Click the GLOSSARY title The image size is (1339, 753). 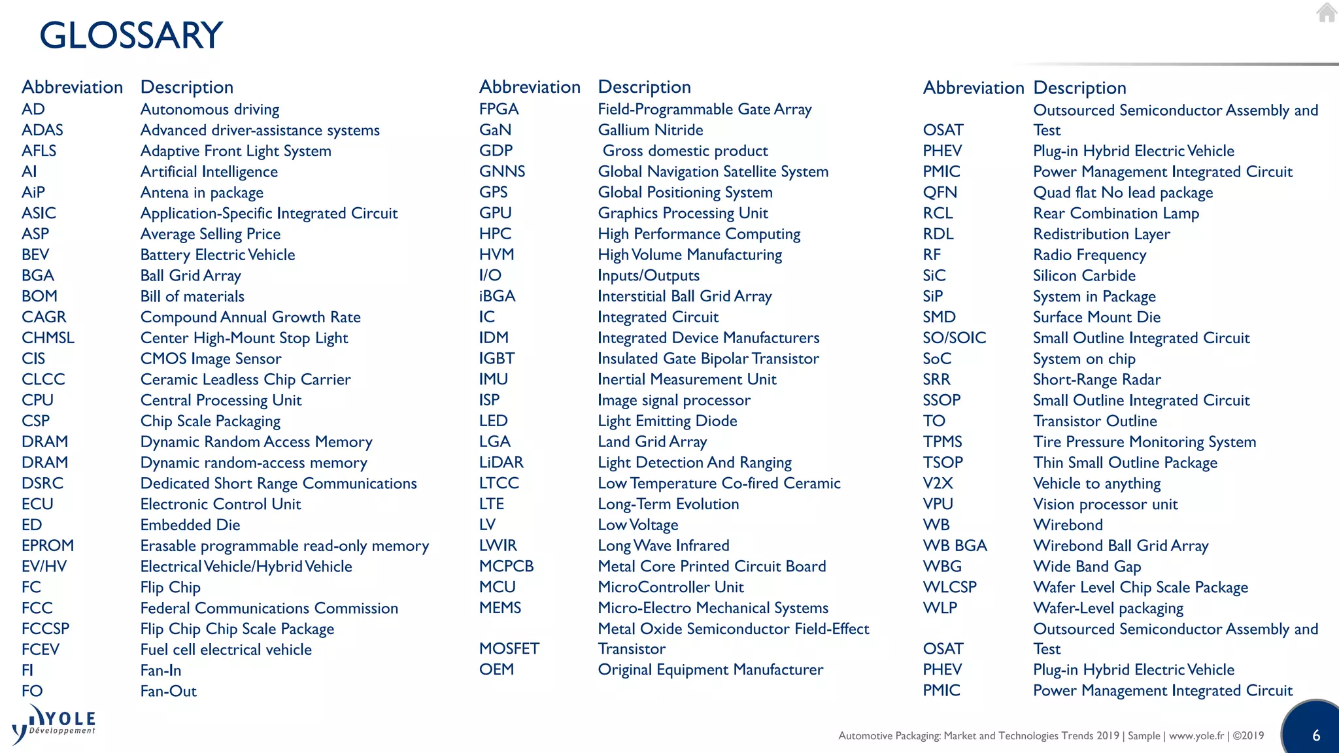tap(131, 35)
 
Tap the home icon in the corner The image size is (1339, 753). tap(1327, 12)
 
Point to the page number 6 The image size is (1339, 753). tap(1316, 735)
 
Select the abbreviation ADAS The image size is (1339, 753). tap(42, 130)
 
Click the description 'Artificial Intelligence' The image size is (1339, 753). tap(209, 172)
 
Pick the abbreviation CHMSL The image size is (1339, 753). tap(48, 338)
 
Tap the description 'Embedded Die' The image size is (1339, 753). tap(190, 525)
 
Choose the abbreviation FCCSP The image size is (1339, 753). tap(46, 629)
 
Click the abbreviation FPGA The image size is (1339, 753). tap(499, 109)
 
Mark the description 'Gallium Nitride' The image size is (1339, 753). tap(651, 130)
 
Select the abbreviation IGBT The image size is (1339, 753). tap(497, 359)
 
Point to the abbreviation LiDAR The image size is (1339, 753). tap(501, 463)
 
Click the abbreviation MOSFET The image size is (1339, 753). tap(509, 649)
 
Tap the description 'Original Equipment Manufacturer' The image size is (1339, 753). tap(711, 670)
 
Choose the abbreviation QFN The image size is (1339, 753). tap(940, 193)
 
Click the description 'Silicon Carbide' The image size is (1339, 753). tap(1084, 276)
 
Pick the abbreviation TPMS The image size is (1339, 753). tap(943, 442)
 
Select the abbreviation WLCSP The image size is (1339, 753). tap(950, 588)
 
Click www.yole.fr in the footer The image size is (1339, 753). tap(1196, 736)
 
